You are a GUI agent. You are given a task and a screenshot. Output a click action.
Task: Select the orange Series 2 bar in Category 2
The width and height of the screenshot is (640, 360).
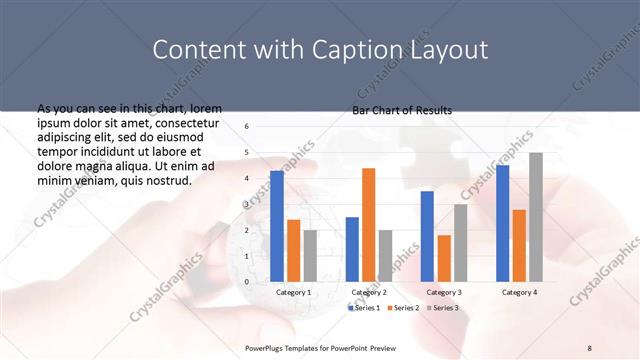[x=368, y=225]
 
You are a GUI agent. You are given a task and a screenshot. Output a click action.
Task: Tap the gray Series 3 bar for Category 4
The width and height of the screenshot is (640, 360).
[x=536, y=217]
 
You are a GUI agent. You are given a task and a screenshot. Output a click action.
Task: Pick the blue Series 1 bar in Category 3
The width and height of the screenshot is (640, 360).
[x=427, y=236]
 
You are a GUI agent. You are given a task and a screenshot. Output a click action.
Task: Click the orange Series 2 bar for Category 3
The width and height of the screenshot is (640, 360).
[x=443, y=258]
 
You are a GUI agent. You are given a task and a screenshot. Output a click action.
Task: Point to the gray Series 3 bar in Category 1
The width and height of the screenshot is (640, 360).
[x=310, y=256]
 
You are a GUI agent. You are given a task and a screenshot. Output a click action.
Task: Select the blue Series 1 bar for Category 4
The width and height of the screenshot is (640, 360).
[x=502, y=223]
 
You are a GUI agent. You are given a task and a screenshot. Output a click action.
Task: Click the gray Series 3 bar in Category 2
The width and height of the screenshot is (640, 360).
[x=385, y=256]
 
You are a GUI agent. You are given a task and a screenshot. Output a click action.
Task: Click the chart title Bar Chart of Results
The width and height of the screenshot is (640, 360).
[x=402, y=110]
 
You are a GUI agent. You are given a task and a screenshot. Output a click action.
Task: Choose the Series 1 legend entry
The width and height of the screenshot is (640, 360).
[x=363, y=307]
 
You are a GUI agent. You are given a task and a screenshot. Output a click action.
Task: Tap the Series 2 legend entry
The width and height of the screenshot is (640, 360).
[x=402, y=307]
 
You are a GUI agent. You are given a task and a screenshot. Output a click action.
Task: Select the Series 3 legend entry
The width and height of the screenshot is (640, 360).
[x=442, y=307]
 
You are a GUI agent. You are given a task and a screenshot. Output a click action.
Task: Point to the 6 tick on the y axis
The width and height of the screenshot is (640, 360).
[x=247, y=127]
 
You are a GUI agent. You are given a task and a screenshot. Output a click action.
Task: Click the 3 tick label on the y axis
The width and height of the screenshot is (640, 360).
[x=247, y=204]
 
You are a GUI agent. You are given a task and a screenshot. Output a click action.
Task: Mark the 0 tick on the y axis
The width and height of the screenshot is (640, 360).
[x=247, y=282]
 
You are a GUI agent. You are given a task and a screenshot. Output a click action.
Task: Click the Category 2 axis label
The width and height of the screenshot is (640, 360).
[x=369, y=292]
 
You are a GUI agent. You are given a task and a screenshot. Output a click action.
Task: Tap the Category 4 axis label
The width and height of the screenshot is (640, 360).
[x=519, y=292]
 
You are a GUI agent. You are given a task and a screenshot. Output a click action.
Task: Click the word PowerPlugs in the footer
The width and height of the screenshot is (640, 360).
[x=266, y=347]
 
